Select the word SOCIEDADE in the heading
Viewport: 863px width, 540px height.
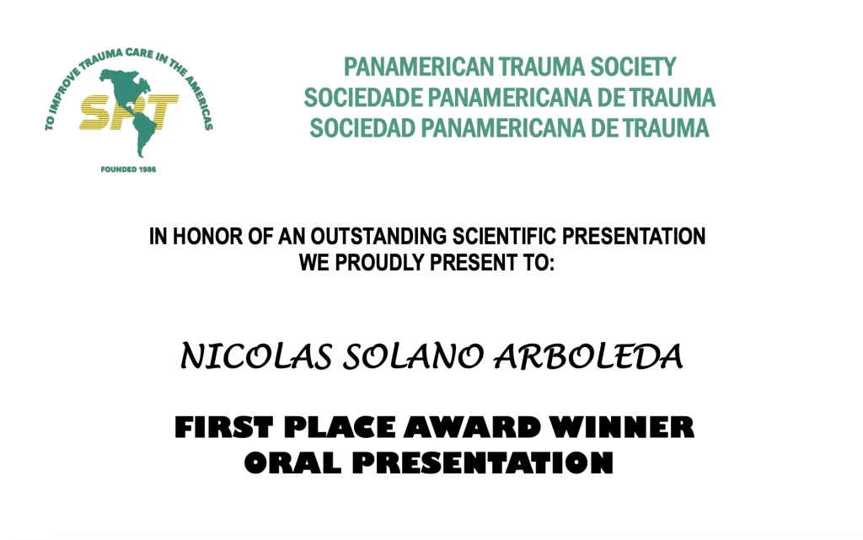coord(363,98)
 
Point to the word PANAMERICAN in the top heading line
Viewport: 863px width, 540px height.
coord(419,67)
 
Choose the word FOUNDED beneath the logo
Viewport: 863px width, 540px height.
coord(117,169)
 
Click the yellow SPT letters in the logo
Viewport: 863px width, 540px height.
coord(128,112)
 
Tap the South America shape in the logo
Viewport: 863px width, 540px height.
coord(143,132)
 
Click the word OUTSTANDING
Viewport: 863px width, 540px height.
coord(378,237)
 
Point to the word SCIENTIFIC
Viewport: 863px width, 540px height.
coord(504,237)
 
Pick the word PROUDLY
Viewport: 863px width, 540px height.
coord(380,262)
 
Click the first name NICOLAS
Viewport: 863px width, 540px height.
coord(256,356)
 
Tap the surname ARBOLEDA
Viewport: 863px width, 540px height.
coord(588,356)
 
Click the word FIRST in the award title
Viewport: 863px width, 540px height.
coord(223,428)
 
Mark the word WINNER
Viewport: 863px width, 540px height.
coord(623,428)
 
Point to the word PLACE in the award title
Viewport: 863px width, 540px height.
coord(340,428)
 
